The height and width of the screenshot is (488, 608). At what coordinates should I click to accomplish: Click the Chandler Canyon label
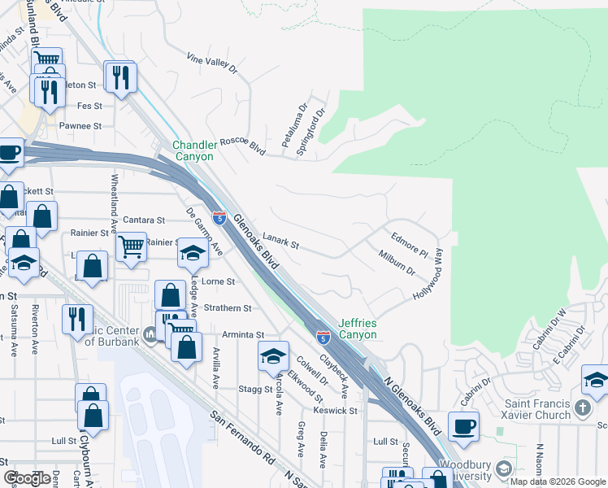[193, 151]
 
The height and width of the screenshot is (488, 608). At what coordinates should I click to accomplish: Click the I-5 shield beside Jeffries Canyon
[324, 336]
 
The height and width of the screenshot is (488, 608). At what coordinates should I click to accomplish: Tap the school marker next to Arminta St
[274, 355]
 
